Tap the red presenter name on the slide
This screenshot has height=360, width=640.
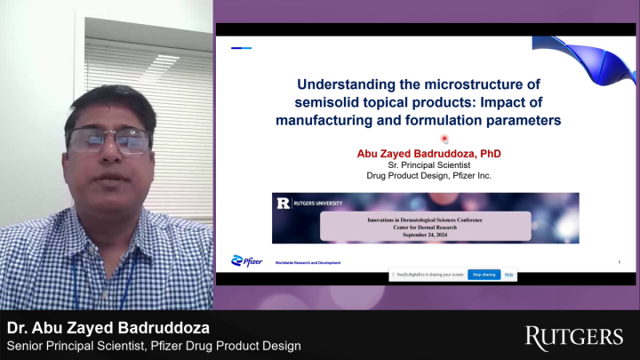428,153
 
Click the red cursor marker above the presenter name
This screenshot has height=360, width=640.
444,139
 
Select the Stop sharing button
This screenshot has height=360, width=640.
484,275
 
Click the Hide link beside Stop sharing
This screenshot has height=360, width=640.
509,275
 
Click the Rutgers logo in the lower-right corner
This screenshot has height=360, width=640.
573,336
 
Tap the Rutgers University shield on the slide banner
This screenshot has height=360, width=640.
283,203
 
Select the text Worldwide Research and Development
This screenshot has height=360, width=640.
307,263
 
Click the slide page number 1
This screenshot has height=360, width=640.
619,261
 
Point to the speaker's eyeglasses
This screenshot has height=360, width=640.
108,139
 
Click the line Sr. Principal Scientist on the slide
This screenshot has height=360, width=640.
428,164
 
